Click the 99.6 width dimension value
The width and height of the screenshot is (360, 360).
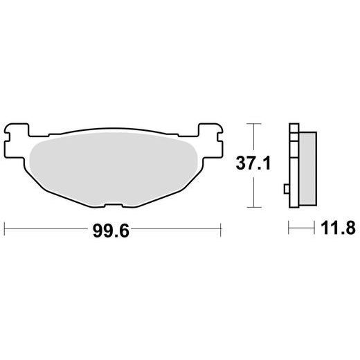(111, 231)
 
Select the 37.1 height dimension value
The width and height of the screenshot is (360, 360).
(253, 163)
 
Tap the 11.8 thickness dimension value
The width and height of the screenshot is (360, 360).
(338, 228)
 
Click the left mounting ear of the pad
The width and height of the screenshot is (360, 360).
(16, 141)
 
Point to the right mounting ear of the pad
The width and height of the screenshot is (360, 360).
(210, 141)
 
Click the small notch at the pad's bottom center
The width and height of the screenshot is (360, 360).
(114, 205)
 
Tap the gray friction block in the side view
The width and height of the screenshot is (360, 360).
(307, 169)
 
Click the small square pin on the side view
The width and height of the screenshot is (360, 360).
(287, 189)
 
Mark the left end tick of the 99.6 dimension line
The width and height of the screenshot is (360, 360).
(5, 229)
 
